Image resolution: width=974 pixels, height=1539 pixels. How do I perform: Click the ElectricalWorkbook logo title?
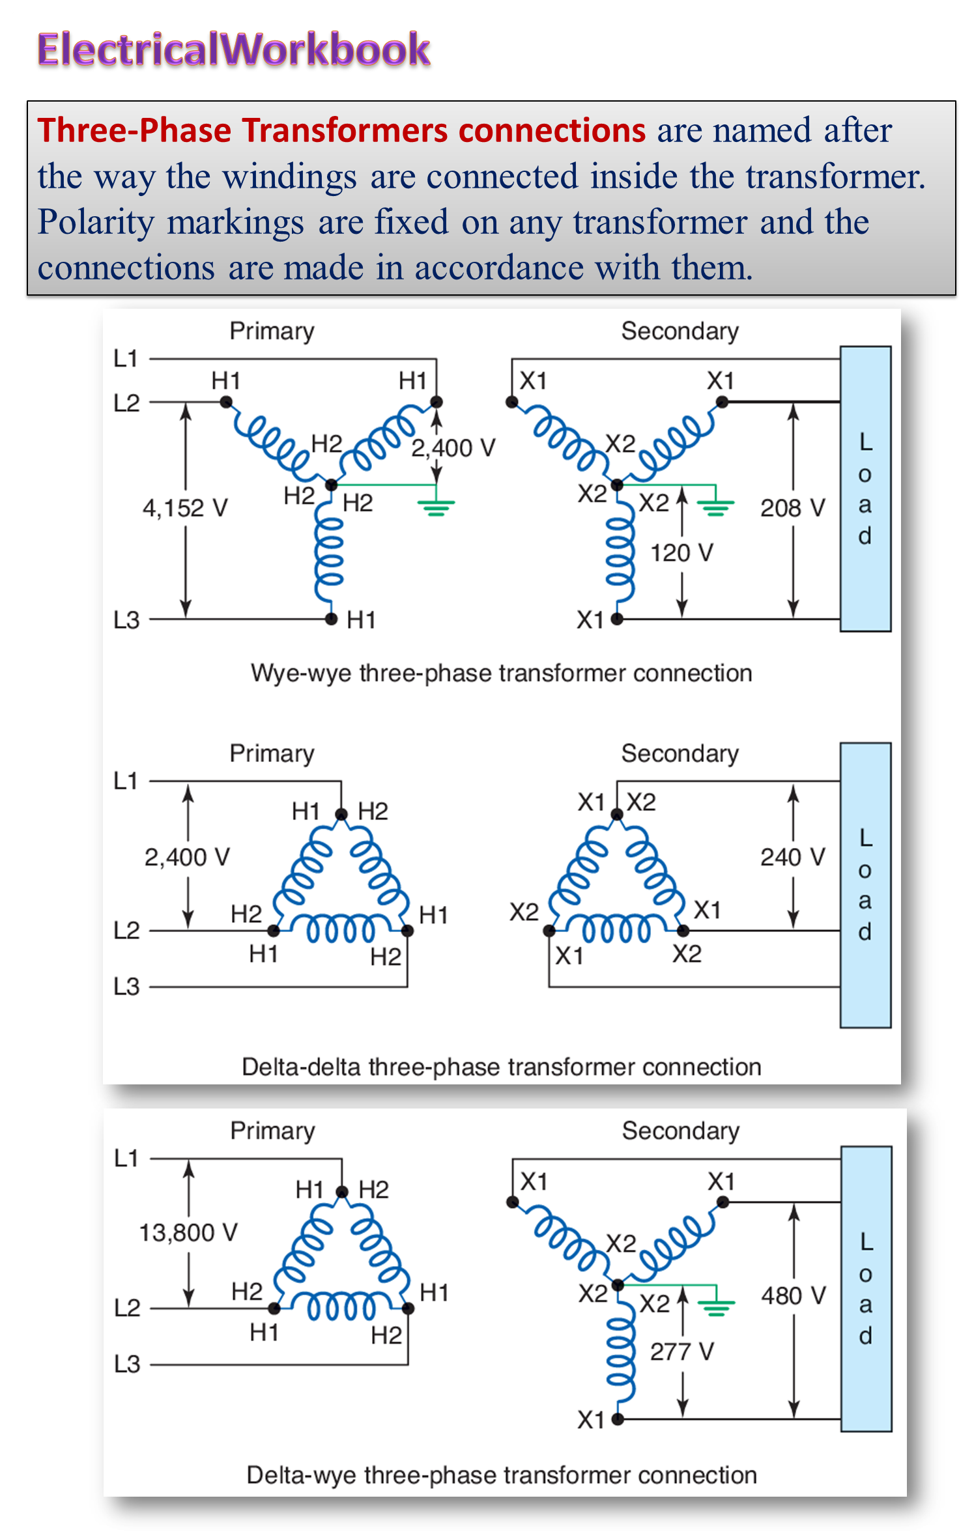pyautogui.click(x=233, y=49)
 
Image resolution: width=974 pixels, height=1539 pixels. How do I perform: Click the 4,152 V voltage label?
pyautogui.click(x=185, y=508)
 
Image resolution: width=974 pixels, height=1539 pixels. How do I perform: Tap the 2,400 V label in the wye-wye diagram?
pyautogui.click(x=453, y=448)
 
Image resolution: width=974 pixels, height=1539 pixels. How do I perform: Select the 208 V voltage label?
pyautogui.click(x=792, y=508)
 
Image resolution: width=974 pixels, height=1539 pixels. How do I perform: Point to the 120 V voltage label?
pyautogui.click(x=681, y=553)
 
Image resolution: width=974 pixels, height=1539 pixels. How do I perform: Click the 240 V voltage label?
pyautogui.click(x=792, y=857)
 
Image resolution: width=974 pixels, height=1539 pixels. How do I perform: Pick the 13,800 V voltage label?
pyautogui.click(x=188, y=1233)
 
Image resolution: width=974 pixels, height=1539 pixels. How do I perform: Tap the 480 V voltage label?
pyautogui.click(x=794, y=1296)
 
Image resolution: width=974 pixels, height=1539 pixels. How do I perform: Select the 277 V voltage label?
pyautogui.click(x=682, y=1351)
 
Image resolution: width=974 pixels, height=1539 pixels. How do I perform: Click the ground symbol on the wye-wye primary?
pyautogui.click(x=437, y=505)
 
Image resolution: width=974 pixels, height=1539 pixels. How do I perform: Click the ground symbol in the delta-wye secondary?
pyautogui.click(x=716, y=1305)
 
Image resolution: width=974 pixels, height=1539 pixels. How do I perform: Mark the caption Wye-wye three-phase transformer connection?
pyautogui.click(x=501, y=673)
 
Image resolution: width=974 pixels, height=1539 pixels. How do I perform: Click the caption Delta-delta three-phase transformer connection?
pyautogui.click(x=501, y=1067)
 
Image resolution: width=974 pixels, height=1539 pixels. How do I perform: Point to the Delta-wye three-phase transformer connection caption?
pyautogui.click(x=501, y=1475)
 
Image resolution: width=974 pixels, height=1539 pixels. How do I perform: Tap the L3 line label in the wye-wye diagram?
pyautogui.click(x=126, y=620)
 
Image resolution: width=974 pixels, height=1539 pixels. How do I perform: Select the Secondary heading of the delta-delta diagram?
pyautogui.click(x=680, y=754)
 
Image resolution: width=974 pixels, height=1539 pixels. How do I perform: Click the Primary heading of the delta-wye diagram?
pyautogui.click(x=272, y=1131)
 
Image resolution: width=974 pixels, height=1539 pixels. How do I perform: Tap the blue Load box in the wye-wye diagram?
pyautogui.click(x=865, y=488)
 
